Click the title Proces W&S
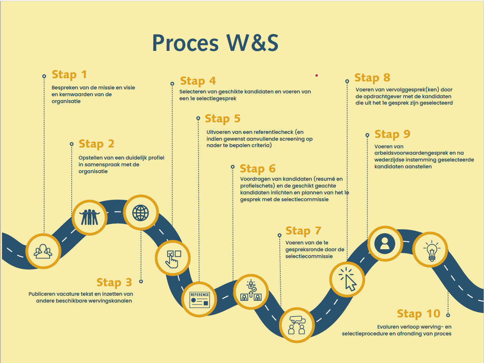(215, 43)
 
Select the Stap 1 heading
(69, 75)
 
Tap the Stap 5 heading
(223, 119)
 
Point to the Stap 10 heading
(418, 314)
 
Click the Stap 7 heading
(303, 231)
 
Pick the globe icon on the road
(141, 213)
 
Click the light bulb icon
(432, 251)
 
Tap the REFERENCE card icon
(199, 300)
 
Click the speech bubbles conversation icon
(297, 325)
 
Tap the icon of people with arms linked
(90, 217)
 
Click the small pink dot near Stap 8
(316, 75)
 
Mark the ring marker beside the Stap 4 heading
(172, 84)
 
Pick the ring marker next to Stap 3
(141, 281)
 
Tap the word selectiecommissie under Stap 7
(309, 256)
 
